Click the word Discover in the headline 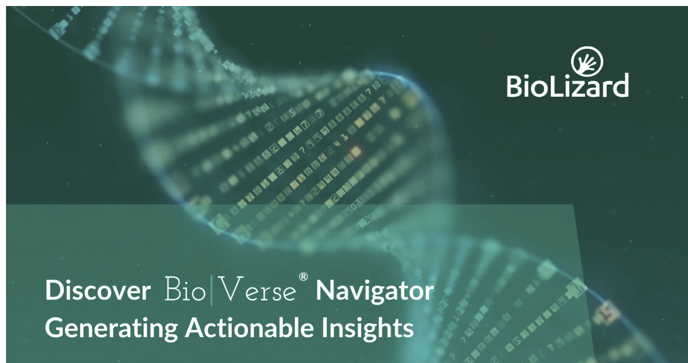pos(98,291)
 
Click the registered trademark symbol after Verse pos(303,277)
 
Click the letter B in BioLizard pos(515,85)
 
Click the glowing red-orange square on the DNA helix pos(355,149)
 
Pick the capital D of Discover pos(53,291)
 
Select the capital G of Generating pos(55,329)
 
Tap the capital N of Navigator pos(326,291)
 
